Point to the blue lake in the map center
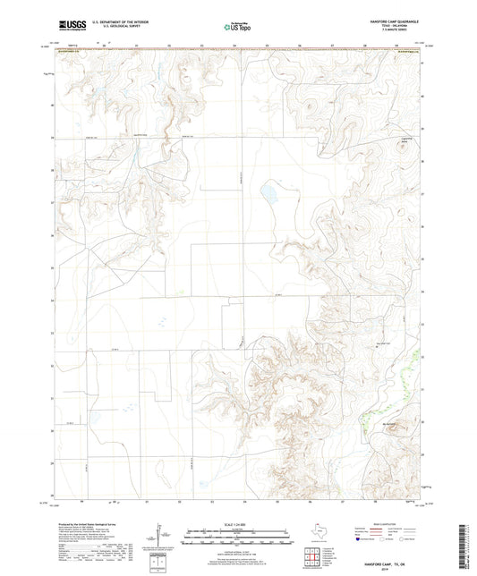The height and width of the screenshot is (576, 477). tap(267, 192)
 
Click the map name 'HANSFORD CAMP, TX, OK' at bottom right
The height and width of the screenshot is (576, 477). tap(396, 565)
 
